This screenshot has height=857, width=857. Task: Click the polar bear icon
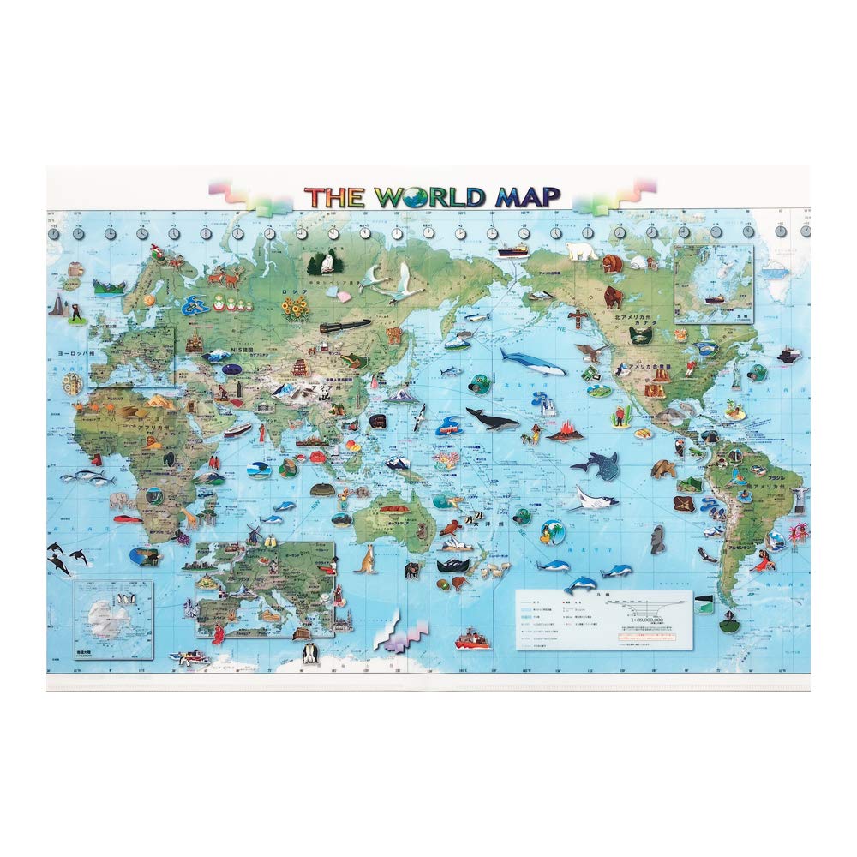[x=582, y=251]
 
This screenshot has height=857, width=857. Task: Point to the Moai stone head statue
[x=659, y=537]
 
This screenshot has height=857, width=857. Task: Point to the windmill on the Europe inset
[x=253, y=533]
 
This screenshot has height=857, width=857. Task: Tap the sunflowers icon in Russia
[x=296, y=308]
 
